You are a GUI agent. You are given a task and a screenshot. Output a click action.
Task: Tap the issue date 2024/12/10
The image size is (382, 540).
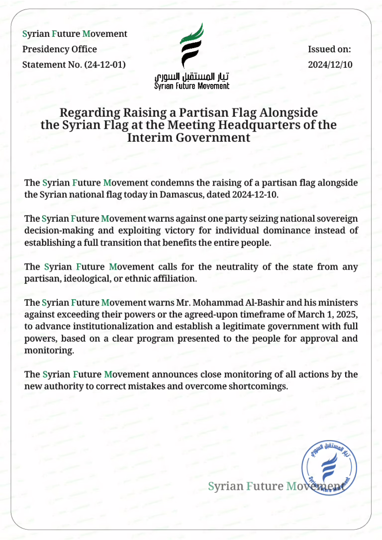[330, 65]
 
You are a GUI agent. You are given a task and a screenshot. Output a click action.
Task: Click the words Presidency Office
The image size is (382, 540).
[60, 49]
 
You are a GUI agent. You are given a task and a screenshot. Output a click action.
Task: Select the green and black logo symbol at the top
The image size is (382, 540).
[191, 45]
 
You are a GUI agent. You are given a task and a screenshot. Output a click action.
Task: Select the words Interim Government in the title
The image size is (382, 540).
[189, 137]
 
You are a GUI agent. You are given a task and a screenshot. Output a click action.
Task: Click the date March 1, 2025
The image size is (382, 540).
[325, 315]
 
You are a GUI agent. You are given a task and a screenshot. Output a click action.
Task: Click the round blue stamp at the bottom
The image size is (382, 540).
[329, 468]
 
